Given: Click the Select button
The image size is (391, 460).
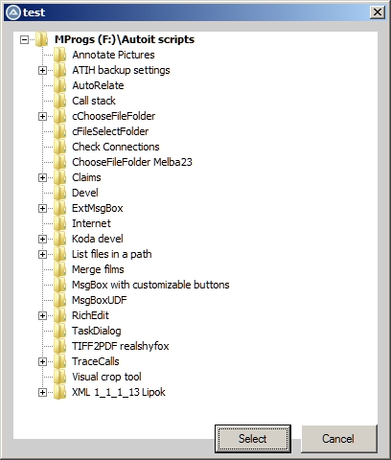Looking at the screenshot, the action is (x=253, y=439).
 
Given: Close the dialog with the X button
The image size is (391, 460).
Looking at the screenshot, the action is (x=378, y=12).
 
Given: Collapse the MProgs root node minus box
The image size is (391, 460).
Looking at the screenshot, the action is (x=24, y=39).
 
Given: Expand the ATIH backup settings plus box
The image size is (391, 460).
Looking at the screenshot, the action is (x=42, y=70).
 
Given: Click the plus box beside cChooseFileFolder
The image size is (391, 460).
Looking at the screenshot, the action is (x=42, y=116).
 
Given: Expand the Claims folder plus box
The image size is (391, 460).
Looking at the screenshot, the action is (x=42, y=177).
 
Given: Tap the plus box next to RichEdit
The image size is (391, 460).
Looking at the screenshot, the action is (x=42, y=315).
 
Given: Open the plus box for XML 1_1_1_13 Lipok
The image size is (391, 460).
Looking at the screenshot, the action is (x=42, y=392).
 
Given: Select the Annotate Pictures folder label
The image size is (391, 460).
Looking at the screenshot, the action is (x=113, y=55).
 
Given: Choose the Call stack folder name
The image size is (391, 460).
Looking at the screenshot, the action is (x=94, y=101).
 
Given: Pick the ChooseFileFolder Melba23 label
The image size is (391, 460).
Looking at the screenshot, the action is (x=132, y=162).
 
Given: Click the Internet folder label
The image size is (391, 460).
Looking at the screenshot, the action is (x=91, y=223).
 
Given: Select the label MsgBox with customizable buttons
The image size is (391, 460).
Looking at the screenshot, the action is (x=150, y=285).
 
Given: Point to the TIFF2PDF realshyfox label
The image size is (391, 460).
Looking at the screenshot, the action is (x=121, y=346).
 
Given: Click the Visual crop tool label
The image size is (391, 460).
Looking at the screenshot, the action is (x=106, y=377).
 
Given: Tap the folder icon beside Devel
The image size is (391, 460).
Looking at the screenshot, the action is (x=60, y=193).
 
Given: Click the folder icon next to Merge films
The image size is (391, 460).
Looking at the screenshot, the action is (x=60, y=269).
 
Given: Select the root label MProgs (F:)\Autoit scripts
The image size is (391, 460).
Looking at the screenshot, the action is (x=125, y=39).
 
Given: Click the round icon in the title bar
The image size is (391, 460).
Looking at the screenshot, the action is (x=13, y=12).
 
